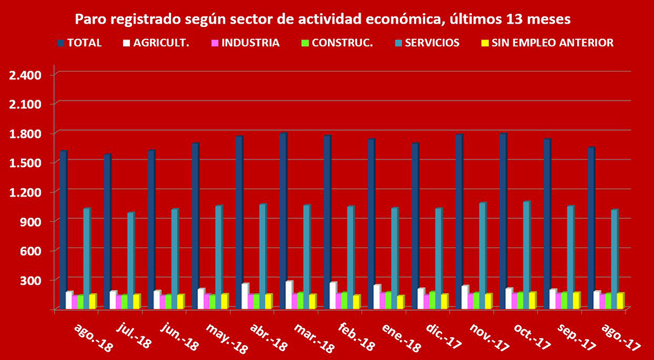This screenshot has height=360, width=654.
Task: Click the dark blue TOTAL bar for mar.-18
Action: [283, 222]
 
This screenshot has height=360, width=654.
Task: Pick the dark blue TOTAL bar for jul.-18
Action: [107, 232]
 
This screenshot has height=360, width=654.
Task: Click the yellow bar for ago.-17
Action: [620, 301]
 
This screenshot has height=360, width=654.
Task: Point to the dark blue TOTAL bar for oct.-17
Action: [503, 222]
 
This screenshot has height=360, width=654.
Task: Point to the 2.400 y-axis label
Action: [26, 75]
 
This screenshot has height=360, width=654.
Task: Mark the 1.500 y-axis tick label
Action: [26, 163]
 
